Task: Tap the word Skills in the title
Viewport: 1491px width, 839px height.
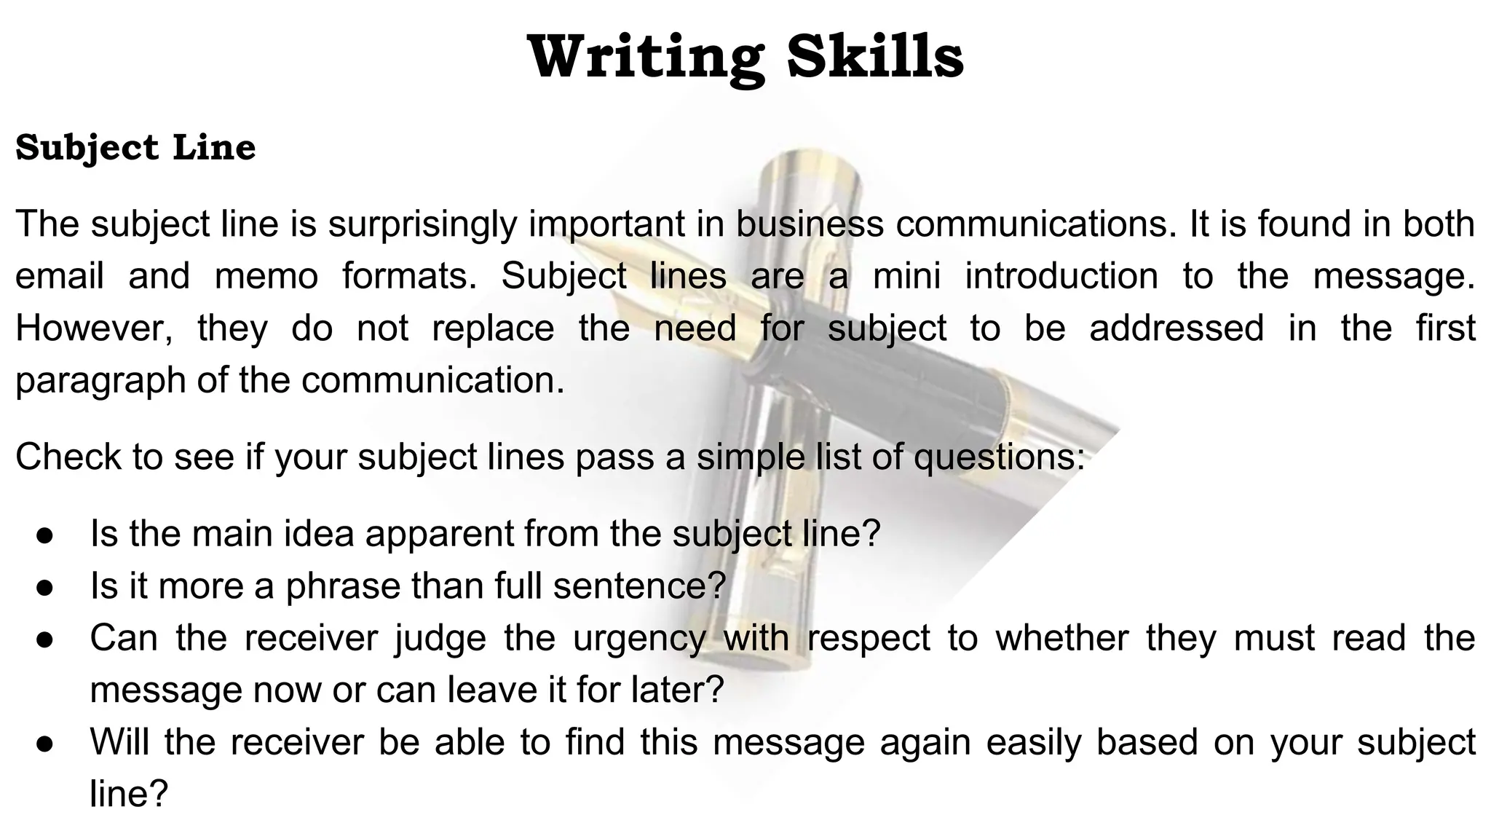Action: point(875,58)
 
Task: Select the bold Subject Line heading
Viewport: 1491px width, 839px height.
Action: point(135,148)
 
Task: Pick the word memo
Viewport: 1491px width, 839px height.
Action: point(266,277)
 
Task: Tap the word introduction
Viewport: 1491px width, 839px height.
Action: point(1061,277)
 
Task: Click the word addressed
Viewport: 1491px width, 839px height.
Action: point(1176,328)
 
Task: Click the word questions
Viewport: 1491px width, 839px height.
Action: point(998,457)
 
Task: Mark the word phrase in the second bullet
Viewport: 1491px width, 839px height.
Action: point(342,586)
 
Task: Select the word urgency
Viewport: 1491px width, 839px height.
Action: point(639,638)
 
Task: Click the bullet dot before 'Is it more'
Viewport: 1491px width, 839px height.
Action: point(44,586)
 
